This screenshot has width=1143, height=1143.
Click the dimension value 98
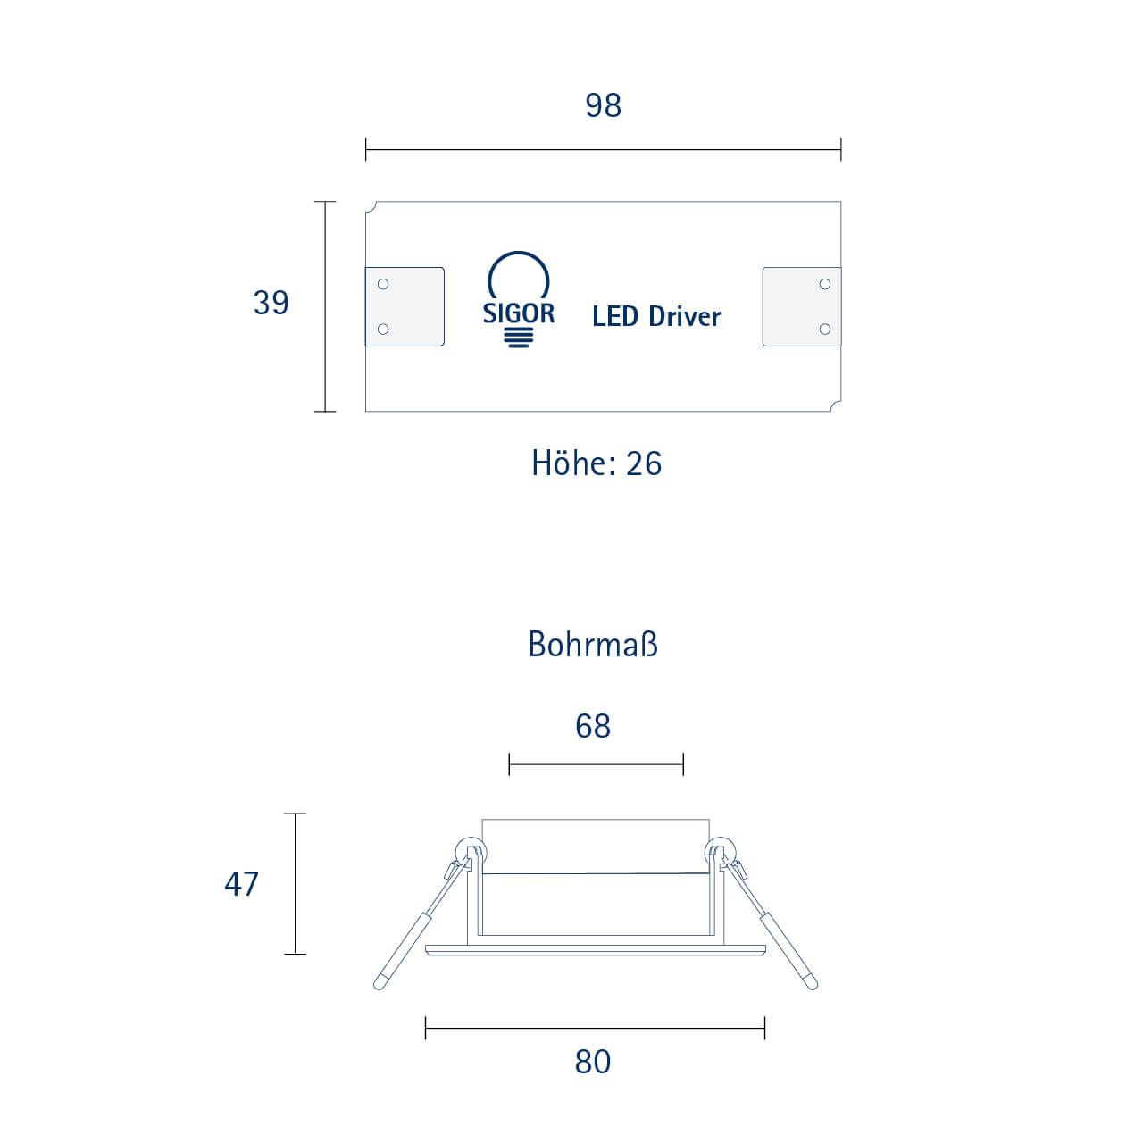603,105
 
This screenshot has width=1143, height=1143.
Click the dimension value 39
271,303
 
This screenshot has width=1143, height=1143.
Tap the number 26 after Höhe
644,463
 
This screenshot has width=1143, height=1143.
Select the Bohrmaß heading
593,645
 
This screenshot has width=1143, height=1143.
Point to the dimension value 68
593,726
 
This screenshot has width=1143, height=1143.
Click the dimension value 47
241,884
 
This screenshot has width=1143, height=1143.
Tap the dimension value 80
593,1063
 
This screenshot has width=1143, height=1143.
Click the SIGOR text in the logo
519,313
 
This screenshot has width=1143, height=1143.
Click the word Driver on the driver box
685,316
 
